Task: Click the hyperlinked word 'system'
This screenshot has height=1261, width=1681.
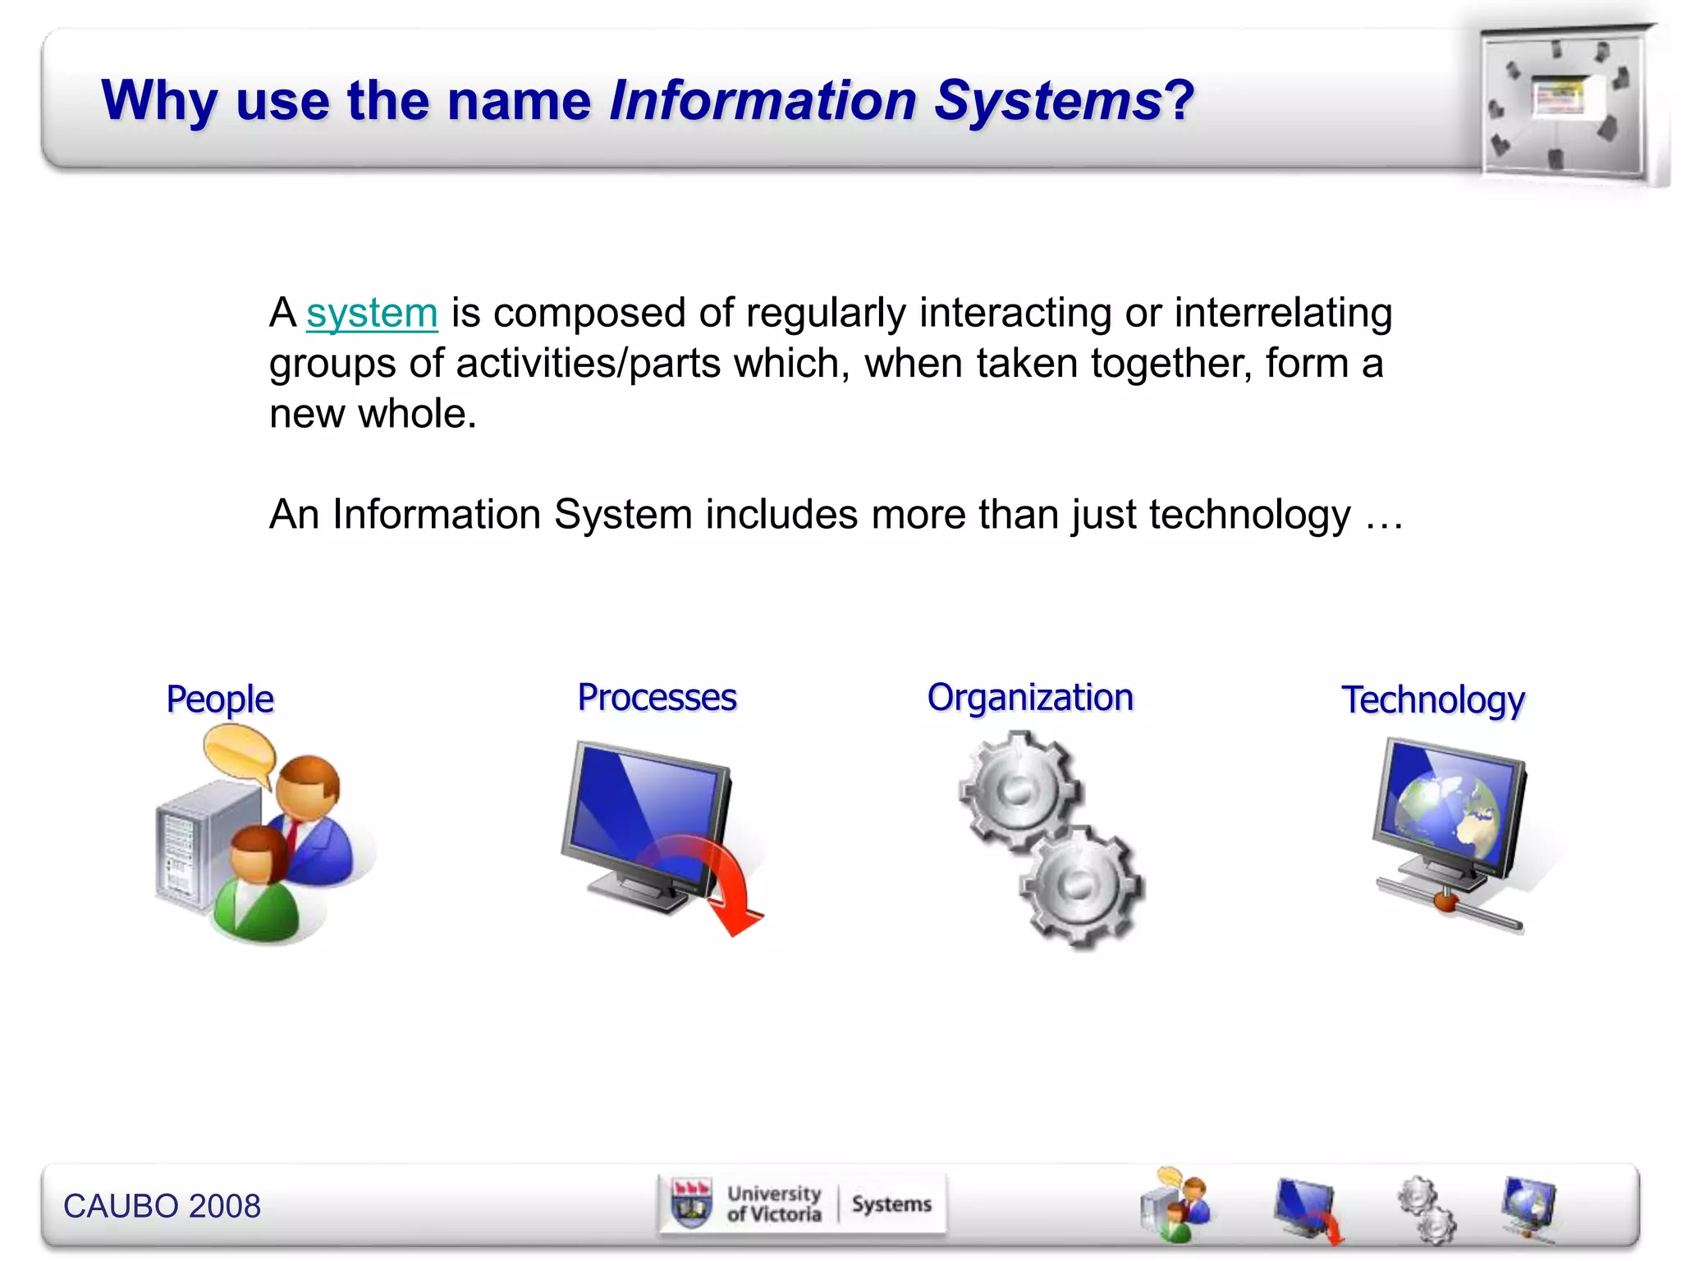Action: pos(372,314)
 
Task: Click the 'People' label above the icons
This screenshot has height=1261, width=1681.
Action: pos(219,699)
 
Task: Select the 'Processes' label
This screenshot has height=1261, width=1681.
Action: pos(657,698)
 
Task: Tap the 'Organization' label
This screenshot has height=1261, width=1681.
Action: pos(1030,698)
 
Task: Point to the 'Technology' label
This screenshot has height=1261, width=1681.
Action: pos(1433,700)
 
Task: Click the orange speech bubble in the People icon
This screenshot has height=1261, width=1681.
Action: pos(240,754)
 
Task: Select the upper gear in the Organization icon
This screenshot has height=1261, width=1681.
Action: pos(1018,789)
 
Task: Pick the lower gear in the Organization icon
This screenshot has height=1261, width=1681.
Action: pos(1079,885)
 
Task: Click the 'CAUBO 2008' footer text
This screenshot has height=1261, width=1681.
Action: pos(162,1206)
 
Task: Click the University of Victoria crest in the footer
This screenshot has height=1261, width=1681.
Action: pos(691,1204)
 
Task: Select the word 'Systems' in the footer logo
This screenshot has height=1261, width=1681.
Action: pos(891,1204)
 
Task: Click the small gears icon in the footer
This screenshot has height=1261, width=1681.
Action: pos(1427,1208)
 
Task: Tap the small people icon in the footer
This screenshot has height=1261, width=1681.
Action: pos(1175,1205)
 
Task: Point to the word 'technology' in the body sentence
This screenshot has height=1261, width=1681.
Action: pos(1249,516)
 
